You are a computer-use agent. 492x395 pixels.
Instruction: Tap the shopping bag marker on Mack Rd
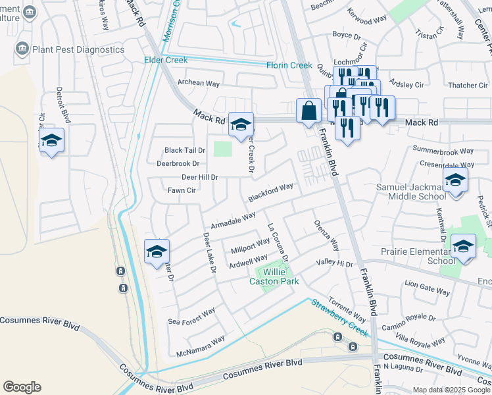coord(308,111)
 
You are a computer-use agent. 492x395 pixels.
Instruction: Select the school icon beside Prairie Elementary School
coord(464,248)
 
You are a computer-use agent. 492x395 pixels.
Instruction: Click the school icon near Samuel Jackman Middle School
coord(455,180)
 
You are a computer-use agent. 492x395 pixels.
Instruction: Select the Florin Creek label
coord(289,65)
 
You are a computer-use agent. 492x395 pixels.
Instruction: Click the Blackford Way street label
coord(270,193)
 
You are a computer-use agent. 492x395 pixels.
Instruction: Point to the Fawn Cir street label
coord(182,190)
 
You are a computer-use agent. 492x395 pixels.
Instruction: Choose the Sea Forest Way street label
coord(191,317)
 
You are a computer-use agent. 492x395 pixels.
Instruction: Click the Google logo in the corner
coord(22,387)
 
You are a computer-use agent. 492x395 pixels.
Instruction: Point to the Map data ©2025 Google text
coord(451,390)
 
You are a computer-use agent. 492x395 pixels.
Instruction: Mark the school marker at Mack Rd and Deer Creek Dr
coord(241,124)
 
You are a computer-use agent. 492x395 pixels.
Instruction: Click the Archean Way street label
coord(199,83)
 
